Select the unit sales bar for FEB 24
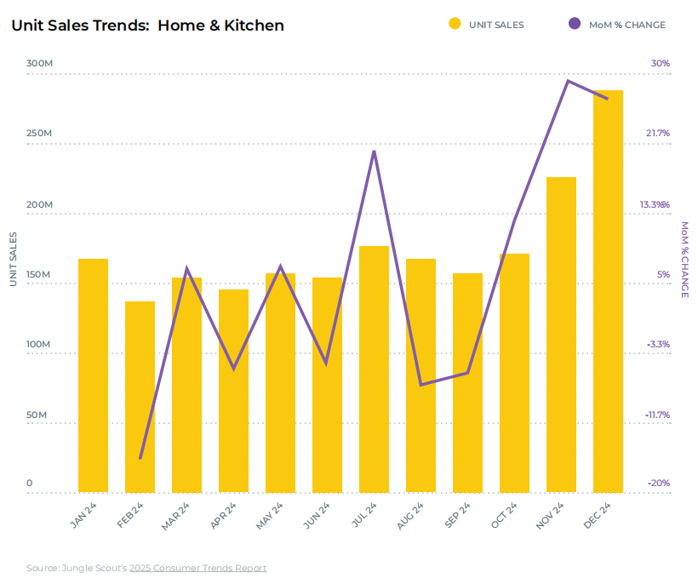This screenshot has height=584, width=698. pyautogui.click(x=140, y=397)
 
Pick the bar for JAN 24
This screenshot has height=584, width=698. pyautogui.click(x=93, y=375)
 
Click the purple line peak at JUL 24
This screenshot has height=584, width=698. pyautogui.click(x=374, y=152)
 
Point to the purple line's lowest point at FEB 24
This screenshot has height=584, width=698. pyautogui.click(x=140, y=458)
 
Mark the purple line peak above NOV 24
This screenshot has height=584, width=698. pyautogui.click(x=567, y=81)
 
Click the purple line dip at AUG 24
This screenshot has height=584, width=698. pyautogui.click(x=421, y=385)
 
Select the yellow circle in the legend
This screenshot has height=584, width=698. pyautogui.click(x=455, y=25)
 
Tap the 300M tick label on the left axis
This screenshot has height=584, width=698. pyautogui.click(x=40, y=64)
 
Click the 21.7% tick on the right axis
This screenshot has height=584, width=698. pyautogui.click(x=657, y=134)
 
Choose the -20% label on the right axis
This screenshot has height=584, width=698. pyautogui.click(x=658, y=484)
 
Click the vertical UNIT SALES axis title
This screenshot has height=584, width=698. pyautogui.click(x=13, y=258)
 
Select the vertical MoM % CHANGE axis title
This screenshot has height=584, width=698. pyautogui.click(x=684, y=260)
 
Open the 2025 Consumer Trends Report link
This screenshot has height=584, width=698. pyautogui.click(x=197, y=568)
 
